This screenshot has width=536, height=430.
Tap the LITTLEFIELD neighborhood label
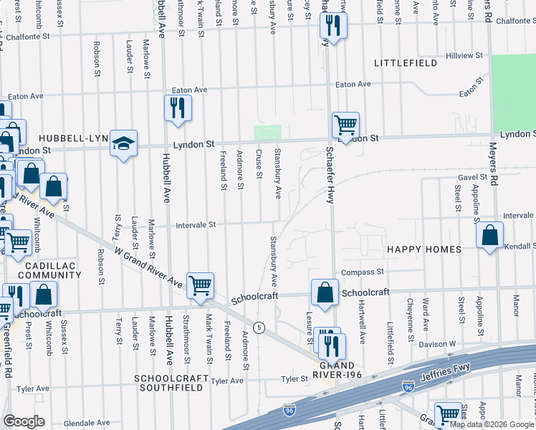pos(406,64)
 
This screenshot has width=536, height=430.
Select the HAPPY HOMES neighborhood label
pos(423,249)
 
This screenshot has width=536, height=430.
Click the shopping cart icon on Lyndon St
pos(345,125)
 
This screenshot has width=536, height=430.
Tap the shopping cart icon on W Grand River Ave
pos(200,285)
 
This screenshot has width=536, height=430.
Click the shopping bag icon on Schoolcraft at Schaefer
pos(325,292)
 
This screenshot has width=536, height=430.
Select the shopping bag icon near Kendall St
pos(489,235)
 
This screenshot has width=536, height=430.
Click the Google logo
pos(24,421)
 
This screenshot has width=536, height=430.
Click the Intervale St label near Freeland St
pos(196,225)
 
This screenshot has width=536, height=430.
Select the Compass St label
pos(363,272)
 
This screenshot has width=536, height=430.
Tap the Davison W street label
pos(443,343)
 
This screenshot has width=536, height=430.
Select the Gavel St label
pos(473,176)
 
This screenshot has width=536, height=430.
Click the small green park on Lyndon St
pos(268,133)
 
